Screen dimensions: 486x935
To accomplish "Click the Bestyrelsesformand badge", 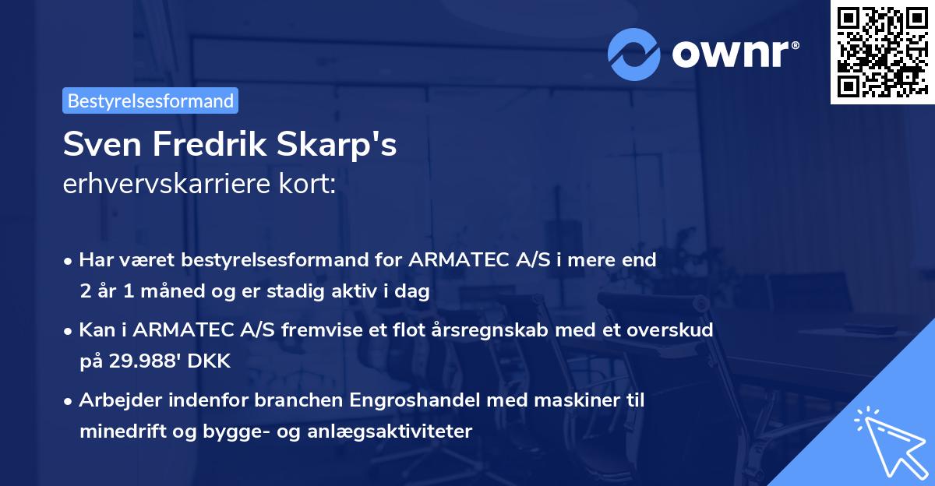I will tap(150, 100).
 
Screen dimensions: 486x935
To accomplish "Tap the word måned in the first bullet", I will tap(165, 291).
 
